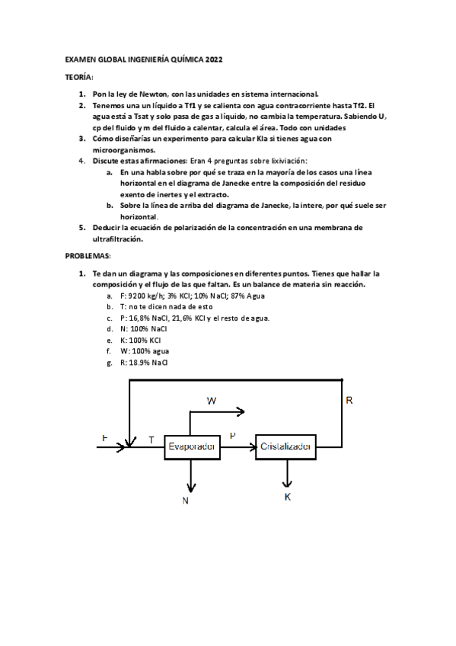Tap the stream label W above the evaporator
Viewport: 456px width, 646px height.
click(212, 399)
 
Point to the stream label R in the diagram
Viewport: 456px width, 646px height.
click(349, 400)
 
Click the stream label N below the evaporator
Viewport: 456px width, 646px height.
click(185, 500)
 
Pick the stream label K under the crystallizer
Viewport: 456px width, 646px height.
click(288, 497)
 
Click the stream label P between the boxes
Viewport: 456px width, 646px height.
click(232, 434)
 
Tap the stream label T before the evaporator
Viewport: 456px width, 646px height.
click(151, 440)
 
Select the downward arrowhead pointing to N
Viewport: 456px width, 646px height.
click(192, 487)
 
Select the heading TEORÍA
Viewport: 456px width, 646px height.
click(79, 78)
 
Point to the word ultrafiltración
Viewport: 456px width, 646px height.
click(123, 238)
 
